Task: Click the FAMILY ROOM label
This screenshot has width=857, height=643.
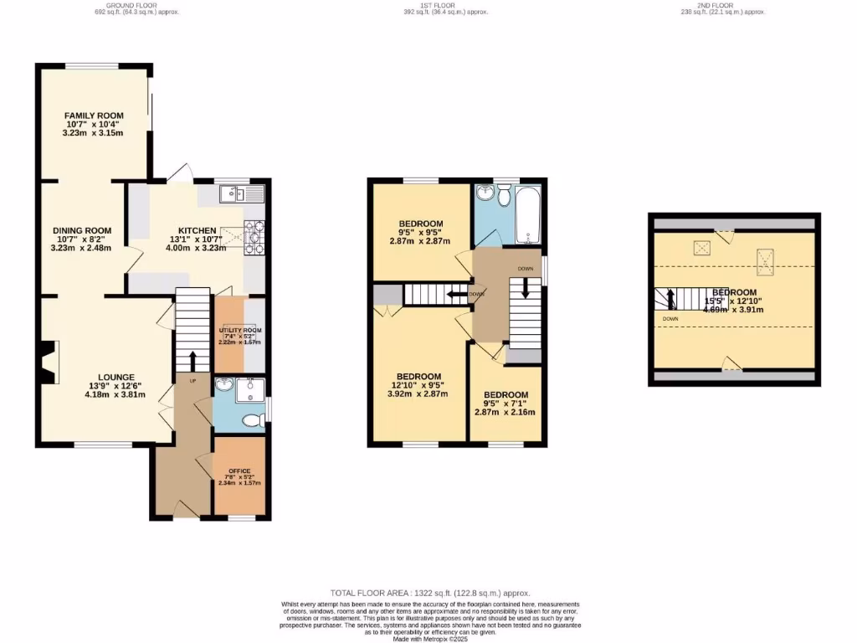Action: point(94,116)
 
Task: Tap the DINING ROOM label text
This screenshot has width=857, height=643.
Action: point(82,230)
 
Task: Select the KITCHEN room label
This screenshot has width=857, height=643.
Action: point(197,231)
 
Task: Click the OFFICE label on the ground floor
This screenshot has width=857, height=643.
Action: point(239,471)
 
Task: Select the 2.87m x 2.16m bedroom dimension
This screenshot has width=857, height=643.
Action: point(505,412)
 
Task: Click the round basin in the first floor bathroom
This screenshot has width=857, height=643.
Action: point(484,194)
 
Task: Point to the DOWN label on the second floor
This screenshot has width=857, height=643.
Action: point(670,319)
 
